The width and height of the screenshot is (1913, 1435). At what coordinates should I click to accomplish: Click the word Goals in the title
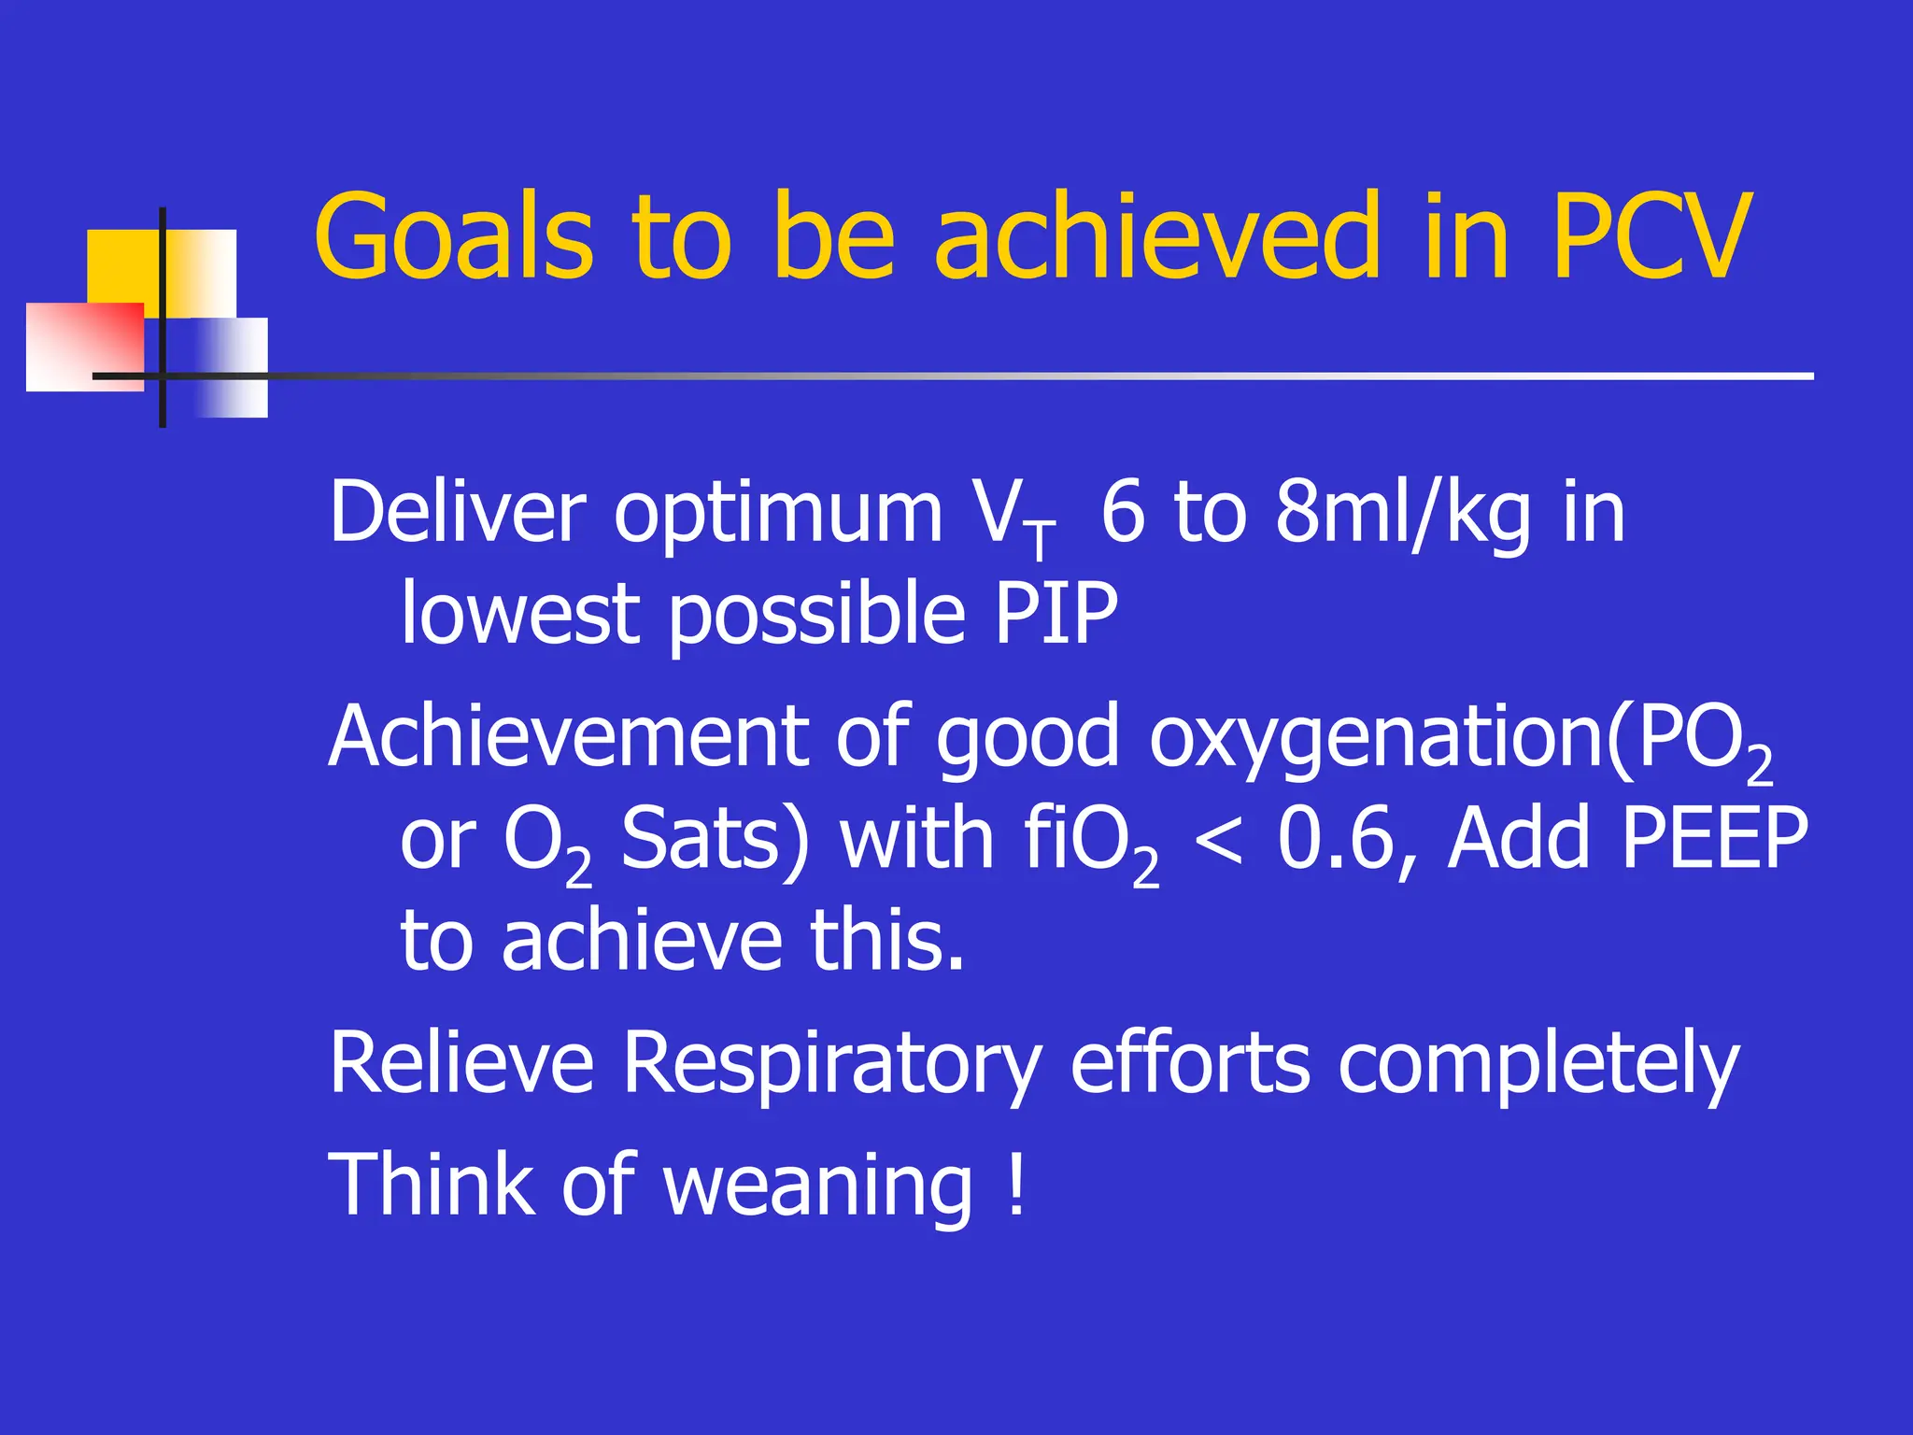[x=454, y=235]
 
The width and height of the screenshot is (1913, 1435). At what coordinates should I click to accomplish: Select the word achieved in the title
[x=1157, y=235]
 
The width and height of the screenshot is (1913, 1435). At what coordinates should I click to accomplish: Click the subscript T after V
[x=1039, y=541]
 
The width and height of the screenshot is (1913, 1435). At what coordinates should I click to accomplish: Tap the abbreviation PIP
[x=1056, y=614]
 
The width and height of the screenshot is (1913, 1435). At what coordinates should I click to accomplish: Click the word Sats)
[x=715, y=839]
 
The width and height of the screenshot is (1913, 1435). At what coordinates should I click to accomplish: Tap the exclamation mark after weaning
[x=1017, y=1185]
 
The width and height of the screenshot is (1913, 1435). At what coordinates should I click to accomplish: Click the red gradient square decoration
[x=84, y=346]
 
